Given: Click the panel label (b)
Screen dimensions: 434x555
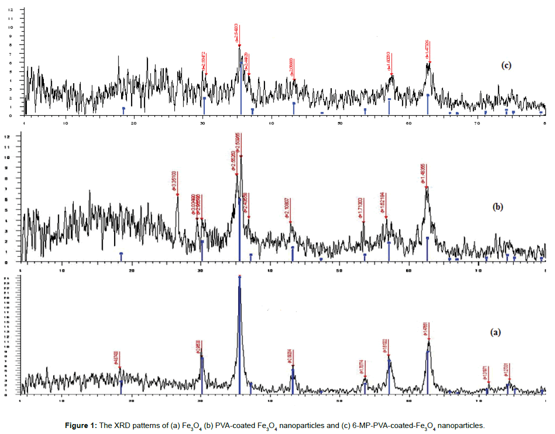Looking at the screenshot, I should [x=497, y=208].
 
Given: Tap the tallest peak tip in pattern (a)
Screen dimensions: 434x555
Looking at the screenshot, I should [x=240, y=277].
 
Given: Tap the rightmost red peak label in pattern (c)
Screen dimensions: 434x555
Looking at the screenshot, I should [x=427, y=50].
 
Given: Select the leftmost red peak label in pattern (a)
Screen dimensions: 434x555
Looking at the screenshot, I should [x=117, y=358].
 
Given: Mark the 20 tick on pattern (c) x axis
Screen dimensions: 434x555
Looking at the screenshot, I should [x=134, y=122].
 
